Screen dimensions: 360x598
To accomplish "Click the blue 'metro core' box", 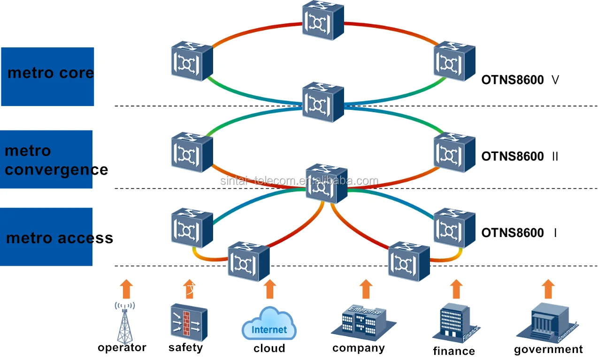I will pyautogui.click(x=47, y=76).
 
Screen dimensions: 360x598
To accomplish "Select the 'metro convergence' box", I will pyautogui.click(x=47, y=159).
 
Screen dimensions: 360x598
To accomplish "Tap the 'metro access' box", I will pyautogui.click(x=47, y=237).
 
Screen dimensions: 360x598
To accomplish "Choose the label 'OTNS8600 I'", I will pyautogui.click(x=519, y=233).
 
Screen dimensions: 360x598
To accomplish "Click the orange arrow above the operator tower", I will pyautogui.click(x=125, y=289).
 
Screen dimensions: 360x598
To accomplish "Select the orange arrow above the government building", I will pyautogui.click(x=548, y=289).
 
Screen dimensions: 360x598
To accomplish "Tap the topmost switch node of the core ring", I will pyautogui.click(x=323, y=20).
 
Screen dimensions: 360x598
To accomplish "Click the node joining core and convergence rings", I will pyautogui.click(x=323, y=102).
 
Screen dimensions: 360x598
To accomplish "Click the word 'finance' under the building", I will pyautogui.click(x=454, y=351).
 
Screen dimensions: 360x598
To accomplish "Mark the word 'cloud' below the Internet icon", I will pyautogui.click(x=269, y=348).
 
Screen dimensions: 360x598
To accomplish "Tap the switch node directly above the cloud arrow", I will pyautogui.click(x=248, y=261).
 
